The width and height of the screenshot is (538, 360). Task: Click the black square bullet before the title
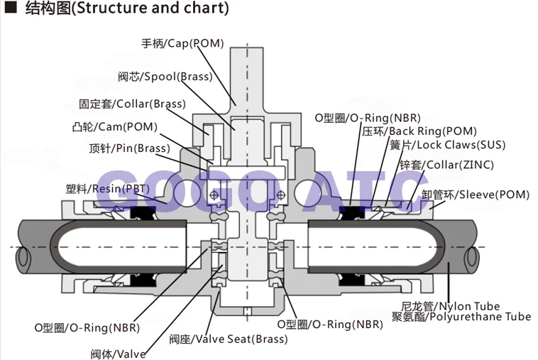11,7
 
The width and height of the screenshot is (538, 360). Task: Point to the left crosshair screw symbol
214,195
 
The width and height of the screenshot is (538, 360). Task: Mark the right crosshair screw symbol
280,195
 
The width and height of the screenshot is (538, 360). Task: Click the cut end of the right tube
471,257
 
